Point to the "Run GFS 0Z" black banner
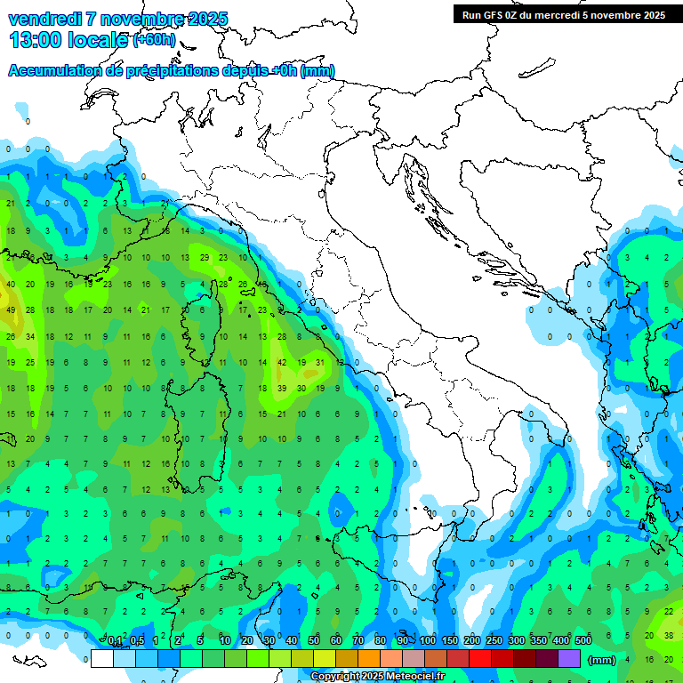[563, 14]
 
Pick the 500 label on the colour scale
[583, 641]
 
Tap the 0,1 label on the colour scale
[115, 641]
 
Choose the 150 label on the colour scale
[449, 641]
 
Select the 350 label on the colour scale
[538, 641]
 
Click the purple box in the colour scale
[569, 658]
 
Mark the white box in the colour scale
[101, 658]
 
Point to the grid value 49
[11, 309]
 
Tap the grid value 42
[282, 362]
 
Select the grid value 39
[282, 388]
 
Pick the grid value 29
[205, 257]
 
